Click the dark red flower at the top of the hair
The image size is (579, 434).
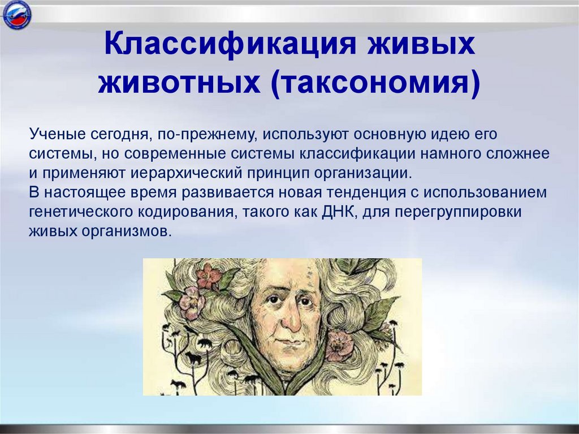click(209, 276)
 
